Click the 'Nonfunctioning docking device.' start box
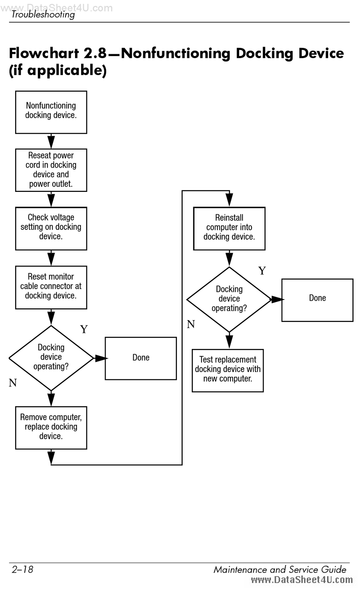51,112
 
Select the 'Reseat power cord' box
51,170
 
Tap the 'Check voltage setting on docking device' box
51,228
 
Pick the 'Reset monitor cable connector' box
51,287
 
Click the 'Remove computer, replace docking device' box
51,428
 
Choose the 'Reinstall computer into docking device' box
229,228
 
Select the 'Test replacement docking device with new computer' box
228,371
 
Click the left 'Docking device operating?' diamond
51,358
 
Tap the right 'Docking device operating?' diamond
229,300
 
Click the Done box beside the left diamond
141,358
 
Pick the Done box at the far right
318,300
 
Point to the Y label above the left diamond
84,329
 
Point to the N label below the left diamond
13,383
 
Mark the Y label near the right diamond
262,270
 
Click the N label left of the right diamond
191,324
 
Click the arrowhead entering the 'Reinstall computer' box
229,200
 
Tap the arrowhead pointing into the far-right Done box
278,300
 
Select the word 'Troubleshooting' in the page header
43,14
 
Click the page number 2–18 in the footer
22,569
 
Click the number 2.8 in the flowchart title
95,53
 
